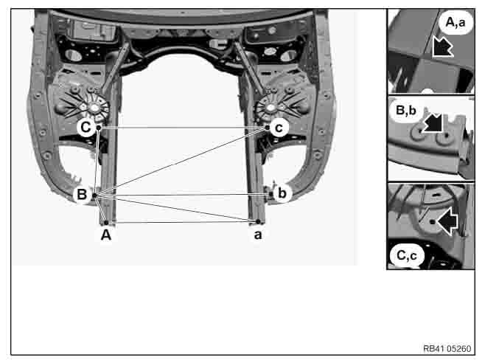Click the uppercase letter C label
pos(86,127)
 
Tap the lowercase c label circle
pos(279,127)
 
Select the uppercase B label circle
pos(82,194)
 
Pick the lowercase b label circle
pos(282,193)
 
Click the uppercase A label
pos(106,235)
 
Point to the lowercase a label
pos(258,235)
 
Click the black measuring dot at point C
pos(99,127)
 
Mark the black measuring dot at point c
pos(268,127)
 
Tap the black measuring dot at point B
pos(94,195)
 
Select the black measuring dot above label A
pos(106,223)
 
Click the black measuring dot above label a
pos(258,221)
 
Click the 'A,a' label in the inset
pos(456,22)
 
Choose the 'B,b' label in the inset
pos(406,110)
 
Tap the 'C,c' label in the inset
pos(406,255)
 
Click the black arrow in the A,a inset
pos(442,46)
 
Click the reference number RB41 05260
pos(447,348)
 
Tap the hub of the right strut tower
pos(271,108)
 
